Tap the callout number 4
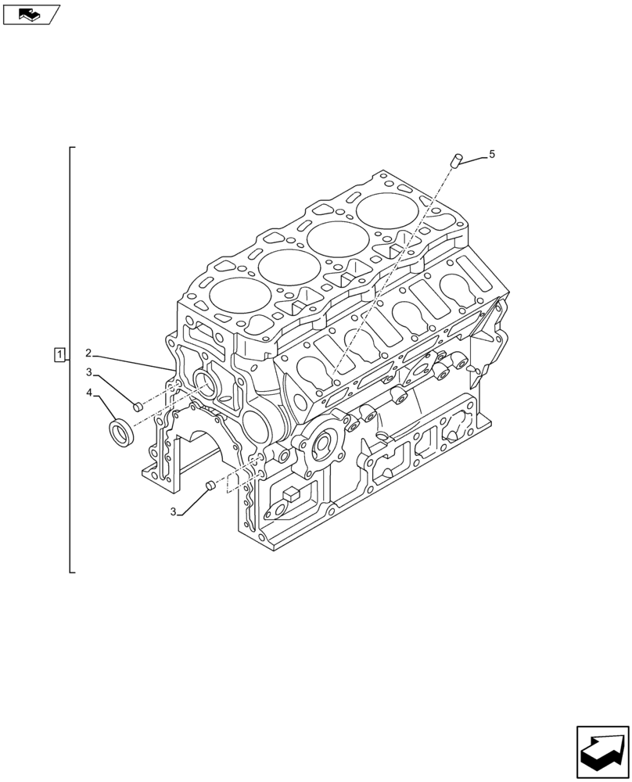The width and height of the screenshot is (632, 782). (x=89, y=393)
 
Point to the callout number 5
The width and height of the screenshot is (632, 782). (x=491, y=155)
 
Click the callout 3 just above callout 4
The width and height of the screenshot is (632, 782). (x=89, y=372)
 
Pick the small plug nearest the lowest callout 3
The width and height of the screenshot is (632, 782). (x=208, y=488)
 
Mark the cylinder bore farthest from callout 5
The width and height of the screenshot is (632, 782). (x=235, y=298)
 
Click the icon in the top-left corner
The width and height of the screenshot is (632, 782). (x=31, y=13)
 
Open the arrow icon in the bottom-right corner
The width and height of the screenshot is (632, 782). (x=602, y=752)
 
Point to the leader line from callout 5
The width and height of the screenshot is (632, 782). (x=472, y=159)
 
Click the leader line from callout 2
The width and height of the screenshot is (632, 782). (x=133, y=361)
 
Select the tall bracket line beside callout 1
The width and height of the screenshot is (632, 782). (x=70, y=360)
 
